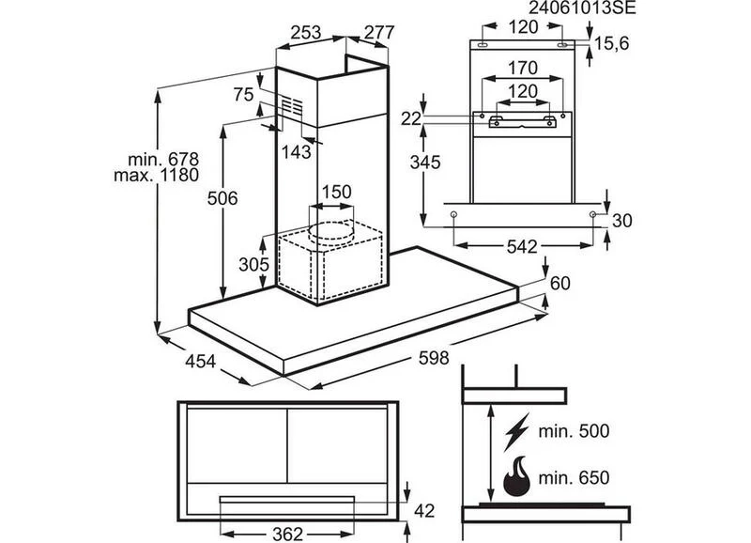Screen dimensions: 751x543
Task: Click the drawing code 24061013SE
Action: (x=582, y=8)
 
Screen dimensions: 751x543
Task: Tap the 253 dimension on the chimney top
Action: (x=306, y=33)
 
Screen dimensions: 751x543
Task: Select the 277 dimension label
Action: (x=379, y=33)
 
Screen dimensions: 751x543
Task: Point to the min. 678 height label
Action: (x=163, y=159)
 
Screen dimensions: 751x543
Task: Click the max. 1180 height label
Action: (x=156, y=175)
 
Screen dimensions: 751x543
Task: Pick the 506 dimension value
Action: (x=222, y=198)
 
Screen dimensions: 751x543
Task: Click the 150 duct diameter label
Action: (x=336, y=193)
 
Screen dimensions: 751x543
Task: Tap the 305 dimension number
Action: (x=253, y=264)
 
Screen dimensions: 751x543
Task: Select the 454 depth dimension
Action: (x=200, y=362)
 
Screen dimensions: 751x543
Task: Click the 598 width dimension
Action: (x=434, y=358)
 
